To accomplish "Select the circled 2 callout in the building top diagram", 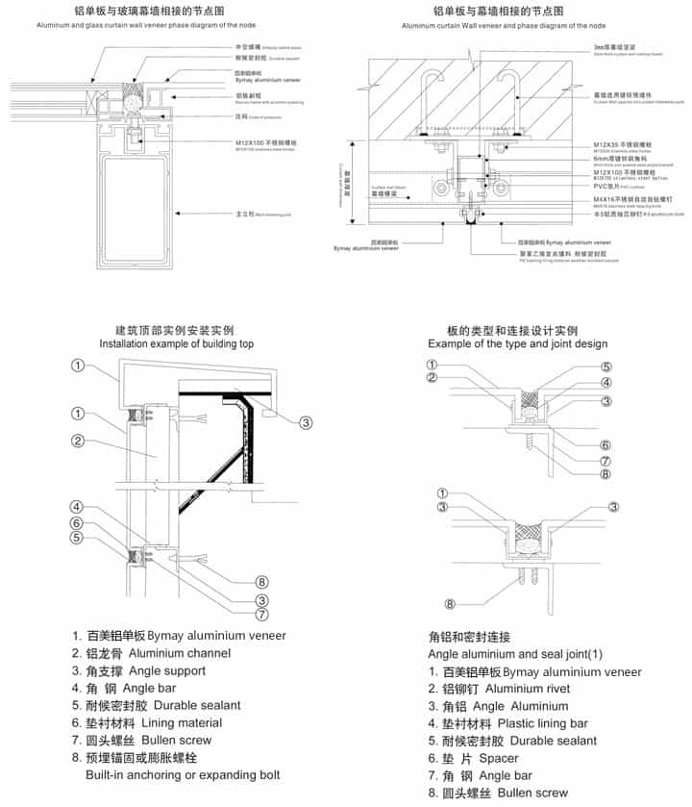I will [79, 441].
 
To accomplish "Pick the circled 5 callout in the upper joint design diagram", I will [605, 366].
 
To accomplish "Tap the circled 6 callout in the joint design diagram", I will [605, 444].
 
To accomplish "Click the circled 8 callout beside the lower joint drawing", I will [448, 604].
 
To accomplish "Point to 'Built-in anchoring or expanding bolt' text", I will [183, 774].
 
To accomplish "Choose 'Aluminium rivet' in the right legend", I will [526, 689].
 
